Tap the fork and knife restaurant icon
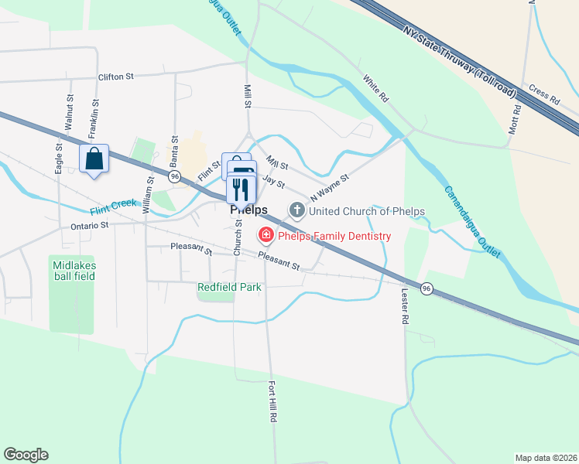[x=241, y=188]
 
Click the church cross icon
[x=296, y=210]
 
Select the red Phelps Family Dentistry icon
[x=266, y=234]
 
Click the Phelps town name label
[x=248, y=210]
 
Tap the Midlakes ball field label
[x=72, y=271]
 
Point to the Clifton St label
[x=116, y=77]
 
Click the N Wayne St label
[x=330, y=186]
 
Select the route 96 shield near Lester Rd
[x=427, y=288]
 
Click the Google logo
[x=26, y=455]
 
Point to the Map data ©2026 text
[x=545, y=458]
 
